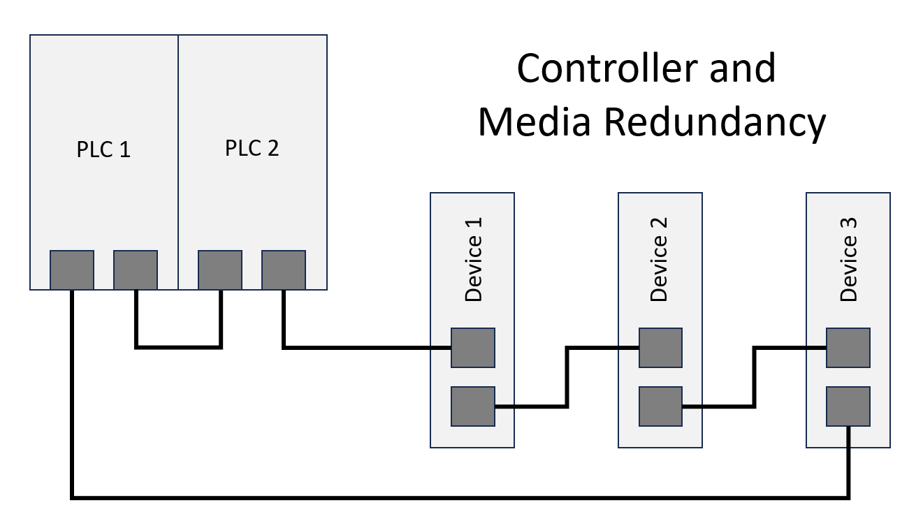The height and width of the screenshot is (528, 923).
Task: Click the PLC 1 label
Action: tap(103, 149)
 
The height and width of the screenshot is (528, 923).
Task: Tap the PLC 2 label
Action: tap(252, 148)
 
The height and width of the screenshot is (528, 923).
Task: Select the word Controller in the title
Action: tap(605, 68)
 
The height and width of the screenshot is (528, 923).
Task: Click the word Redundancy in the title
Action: tap(715, 123)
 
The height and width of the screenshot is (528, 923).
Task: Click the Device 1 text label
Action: tap(473, 260)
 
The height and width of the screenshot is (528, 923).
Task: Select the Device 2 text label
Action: tap(658, 260)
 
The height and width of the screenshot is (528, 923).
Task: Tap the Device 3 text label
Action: tap(848, 260)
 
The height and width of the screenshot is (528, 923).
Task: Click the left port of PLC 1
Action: tap(72, 270)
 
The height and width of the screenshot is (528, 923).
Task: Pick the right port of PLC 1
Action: tap(136, 270)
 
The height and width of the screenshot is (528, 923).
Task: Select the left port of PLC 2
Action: tap(220, 270)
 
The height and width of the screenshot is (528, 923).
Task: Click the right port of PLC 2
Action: tap(284, 270)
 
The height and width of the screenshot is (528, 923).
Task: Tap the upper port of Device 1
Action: tap(473, 348)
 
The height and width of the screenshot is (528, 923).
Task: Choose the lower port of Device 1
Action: tap(473, 406)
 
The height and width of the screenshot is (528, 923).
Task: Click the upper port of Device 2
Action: tap(660, 348)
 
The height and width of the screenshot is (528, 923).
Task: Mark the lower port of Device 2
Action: tap(660, 406)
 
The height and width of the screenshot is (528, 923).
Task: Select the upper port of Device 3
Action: tap(848, 348)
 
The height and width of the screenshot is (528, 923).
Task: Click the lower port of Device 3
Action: tap(848, 406)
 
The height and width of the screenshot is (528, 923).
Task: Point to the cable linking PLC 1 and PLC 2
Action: tap(178, 348)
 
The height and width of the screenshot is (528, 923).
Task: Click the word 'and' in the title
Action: tap(743, 68)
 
